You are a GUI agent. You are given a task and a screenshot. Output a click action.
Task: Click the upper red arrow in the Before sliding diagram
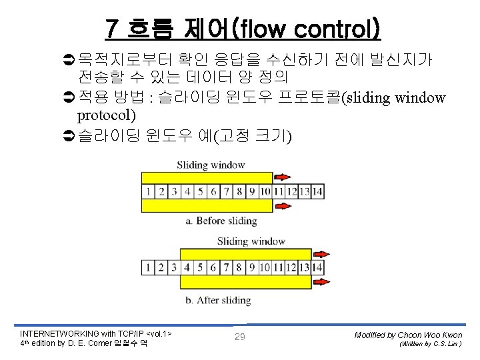[282, 177]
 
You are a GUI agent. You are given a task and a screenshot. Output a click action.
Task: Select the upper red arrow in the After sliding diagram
[321, 254]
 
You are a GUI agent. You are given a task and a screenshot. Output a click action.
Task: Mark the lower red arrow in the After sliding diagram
[321, 283]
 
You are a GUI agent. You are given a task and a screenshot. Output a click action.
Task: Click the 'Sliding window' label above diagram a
[211, 165]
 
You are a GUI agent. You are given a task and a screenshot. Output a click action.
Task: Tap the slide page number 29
[239, 337]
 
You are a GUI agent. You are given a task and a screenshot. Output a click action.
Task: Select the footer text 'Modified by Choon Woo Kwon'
[408, 334]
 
